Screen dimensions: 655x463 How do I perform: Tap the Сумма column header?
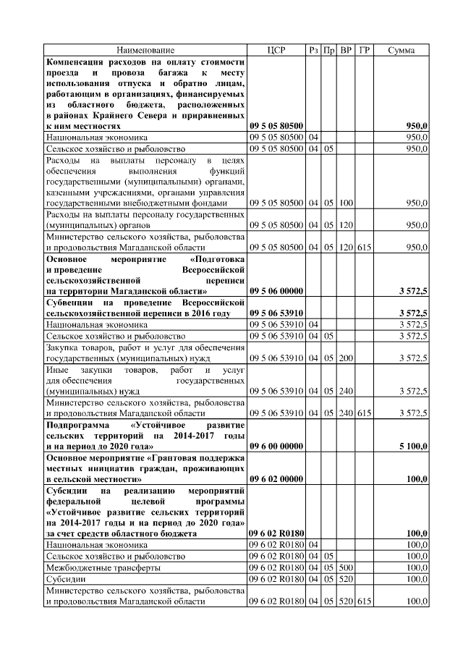click(x=401, y=50)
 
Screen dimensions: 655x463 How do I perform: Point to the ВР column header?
click(x=347, y=50)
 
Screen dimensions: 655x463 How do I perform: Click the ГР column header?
click(x=365, y=50)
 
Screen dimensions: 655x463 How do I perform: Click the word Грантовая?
click(x=172, y=457)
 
